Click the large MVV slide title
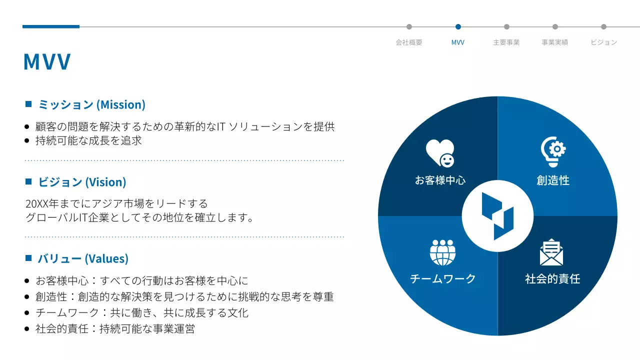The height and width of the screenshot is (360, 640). point(47,61)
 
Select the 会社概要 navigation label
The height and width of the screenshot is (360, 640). point(409,42)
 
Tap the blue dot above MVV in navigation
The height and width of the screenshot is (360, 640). point(458,27)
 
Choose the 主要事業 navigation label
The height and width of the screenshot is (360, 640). point(506,42)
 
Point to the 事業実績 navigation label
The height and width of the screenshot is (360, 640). point(554,42)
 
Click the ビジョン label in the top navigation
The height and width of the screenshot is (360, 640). point(603,42)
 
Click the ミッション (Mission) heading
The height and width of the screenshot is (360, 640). point(91,104)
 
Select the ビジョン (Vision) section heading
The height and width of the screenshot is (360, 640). point(82,182)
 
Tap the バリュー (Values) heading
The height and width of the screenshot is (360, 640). point(83,258)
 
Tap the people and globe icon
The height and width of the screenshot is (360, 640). point(442,252)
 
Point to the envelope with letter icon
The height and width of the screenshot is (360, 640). point(551,252)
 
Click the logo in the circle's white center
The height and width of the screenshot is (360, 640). point(497,216)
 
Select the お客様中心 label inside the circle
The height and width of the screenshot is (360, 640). point(440,180)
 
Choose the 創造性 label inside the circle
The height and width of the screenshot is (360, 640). point(553,180)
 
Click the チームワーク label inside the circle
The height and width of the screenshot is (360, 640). point(442,279)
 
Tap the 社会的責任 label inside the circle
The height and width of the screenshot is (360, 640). point(552,279)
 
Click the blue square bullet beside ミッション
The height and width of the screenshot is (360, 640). point(28,104)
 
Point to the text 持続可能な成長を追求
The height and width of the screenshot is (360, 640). point(88,140)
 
